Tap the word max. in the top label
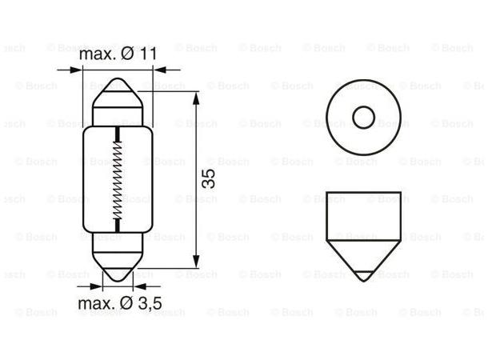coord(97,54)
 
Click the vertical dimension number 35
coord(208,179)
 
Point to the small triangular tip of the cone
coord(364,275)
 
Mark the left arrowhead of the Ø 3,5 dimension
coord(102,284)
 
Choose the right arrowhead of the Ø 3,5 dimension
coord(133,284)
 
